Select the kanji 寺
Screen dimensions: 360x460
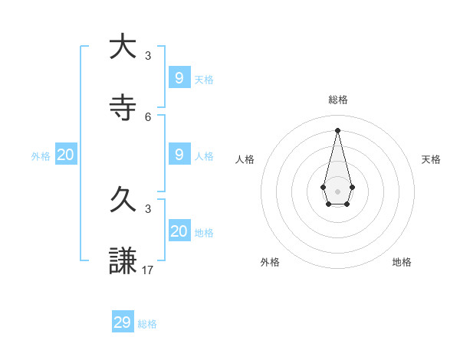[122, 106]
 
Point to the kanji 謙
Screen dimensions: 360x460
[122, 261]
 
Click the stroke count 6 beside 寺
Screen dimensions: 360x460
[148, 116]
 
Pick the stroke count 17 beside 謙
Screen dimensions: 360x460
[149, 270]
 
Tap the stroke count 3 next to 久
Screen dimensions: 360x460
[148, 208]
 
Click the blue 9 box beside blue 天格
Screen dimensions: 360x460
[179, 77]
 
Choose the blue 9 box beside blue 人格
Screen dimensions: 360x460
[179, 154]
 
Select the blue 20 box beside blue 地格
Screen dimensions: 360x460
[179, 231]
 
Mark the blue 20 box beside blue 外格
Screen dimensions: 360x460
[66, 154]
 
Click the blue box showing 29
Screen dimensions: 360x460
[123, 322]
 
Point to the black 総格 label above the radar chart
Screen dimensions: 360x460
[338, 100]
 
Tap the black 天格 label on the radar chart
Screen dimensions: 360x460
[431, 159]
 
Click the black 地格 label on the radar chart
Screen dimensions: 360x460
[402, 262]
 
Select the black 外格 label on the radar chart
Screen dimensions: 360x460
[270, 262]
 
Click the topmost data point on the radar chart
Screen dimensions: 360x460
[337, 129]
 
